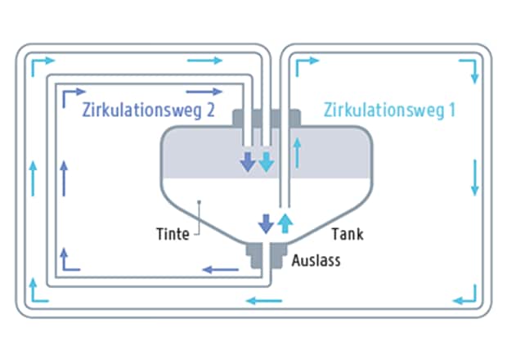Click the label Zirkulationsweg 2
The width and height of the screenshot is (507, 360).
coord(149,111)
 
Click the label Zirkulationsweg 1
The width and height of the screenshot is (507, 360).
coord(389,110)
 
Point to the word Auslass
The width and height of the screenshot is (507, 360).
coord(315,262)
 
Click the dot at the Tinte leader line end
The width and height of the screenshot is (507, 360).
coord(198,200)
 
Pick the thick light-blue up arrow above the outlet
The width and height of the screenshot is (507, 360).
coord(285,222)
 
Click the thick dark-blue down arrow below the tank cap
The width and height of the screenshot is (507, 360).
coord(248,161)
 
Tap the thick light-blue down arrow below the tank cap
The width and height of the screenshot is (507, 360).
coord(267,161)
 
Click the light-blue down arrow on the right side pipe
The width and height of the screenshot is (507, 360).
coord(474,177)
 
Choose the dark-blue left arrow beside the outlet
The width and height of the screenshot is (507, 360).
coord(220,268)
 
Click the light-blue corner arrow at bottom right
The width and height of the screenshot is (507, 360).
coord(467,292)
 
